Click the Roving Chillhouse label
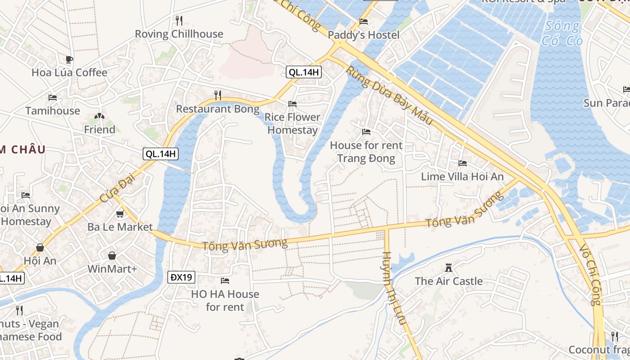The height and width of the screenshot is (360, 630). click(x=179, y=34)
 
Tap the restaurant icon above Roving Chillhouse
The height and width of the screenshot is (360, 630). click(x=179, y=20)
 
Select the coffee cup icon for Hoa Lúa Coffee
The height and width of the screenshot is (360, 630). click(x=69, y=59)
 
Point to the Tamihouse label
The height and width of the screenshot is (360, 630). click(x=53, y=111)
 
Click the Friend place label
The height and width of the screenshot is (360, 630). click(x=99, y=130)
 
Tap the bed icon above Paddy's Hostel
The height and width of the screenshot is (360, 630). click(x=364, y=22)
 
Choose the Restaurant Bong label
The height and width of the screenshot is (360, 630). click(x=218, y=109)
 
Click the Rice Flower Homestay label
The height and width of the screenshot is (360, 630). click(x=292, y=124)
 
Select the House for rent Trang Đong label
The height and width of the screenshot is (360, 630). click(x=366, y=152)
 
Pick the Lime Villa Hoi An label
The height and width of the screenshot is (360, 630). click(x=462, y=177)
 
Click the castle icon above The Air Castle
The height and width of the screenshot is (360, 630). click(x=449, y=268)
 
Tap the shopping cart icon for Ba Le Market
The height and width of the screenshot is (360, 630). click(x=120, y=214)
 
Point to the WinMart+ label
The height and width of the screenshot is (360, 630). click(x=112, y=269)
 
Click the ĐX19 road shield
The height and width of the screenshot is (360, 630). click(x=182, y=277)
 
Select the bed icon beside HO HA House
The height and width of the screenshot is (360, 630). click(x=225, y=281)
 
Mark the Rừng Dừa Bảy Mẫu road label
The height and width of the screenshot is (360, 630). click(x=389, y=96)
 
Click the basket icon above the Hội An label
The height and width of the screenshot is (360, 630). click(x=40, y=247)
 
